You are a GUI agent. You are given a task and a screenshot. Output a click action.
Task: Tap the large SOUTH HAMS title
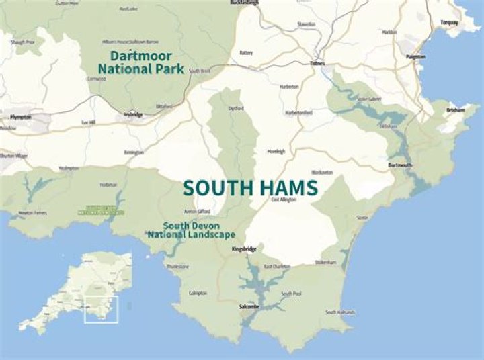[249, 187]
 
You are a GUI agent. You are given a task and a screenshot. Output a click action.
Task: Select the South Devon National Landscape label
[192, 230]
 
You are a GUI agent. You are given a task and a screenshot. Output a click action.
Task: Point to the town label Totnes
[317, 64]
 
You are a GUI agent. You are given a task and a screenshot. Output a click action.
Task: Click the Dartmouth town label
[400, 165]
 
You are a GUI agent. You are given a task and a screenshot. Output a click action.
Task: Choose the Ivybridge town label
[134, 115]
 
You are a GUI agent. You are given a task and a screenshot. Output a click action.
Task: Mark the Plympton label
[22, 116]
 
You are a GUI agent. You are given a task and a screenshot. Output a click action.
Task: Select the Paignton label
[415, 57]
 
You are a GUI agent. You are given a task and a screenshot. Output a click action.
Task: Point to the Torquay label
[450, 22]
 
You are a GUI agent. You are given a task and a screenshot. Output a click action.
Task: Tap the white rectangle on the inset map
[101, 309]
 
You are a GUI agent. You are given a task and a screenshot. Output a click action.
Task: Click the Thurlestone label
[177, 266]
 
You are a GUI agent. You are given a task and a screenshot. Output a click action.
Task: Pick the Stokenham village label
[325, 263]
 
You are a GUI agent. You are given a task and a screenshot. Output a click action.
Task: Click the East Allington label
[284, 200]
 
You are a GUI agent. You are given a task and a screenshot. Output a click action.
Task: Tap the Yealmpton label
[69, 168]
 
